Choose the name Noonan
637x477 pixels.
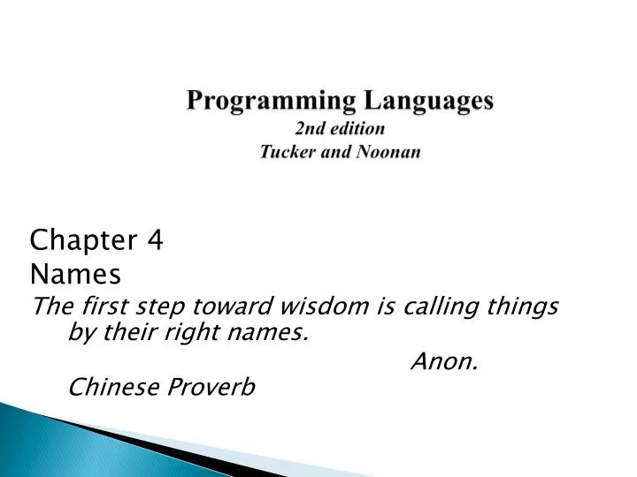click(x=388, y=151)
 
